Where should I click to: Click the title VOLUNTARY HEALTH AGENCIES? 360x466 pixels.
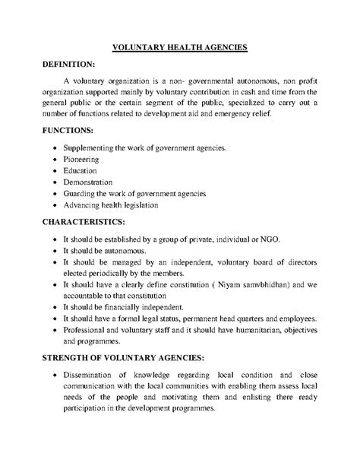(x=179, y=47)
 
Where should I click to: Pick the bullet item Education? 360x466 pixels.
(x=81, y=170)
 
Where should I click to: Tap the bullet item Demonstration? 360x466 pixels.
(x=88, y=182)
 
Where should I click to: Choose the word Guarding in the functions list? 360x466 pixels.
(x=81, y=194)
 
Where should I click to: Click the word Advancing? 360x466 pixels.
(x=84, y=205)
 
